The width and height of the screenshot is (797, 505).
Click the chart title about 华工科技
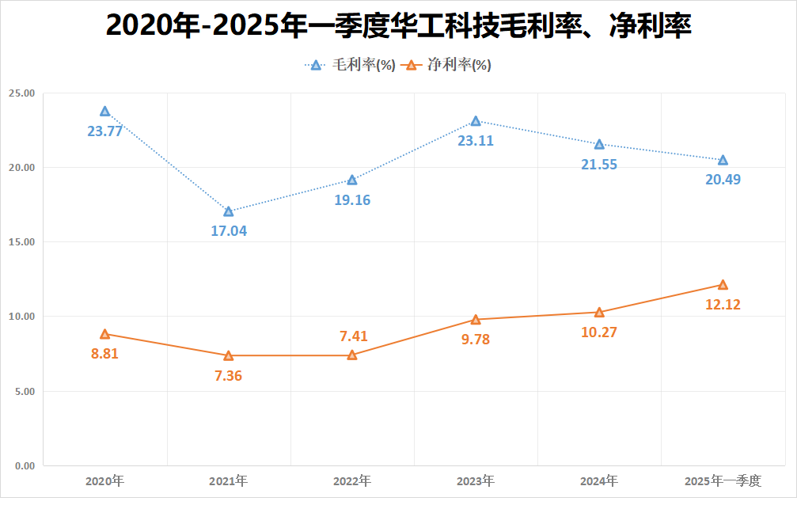398,26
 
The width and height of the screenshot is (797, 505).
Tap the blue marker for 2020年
105,112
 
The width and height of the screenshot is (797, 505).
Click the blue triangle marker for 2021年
229,211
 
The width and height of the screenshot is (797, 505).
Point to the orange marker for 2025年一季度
723,285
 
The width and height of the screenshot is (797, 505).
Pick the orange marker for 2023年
476,320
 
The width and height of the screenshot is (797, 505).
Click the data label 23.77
104,131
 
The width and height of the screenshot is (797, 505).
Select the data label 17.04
228,231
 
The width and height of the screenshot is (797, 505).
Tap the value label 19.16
351,199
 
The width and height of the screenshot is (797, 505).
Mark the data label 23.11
476,141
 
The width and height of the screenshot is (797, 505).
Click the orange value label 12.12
723,304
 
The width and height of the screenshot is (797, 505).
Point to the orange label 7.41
351,336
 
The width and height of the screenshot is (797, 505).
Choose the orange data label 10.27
599,332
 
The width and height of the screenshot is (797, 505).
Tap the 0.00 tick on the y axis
24,466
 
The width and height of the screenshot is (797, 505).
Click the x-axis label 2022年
351,481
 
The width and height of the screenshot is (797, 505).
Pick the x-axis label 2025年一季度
723,481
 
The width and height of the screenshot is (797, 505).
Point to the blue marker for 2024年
599,144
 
